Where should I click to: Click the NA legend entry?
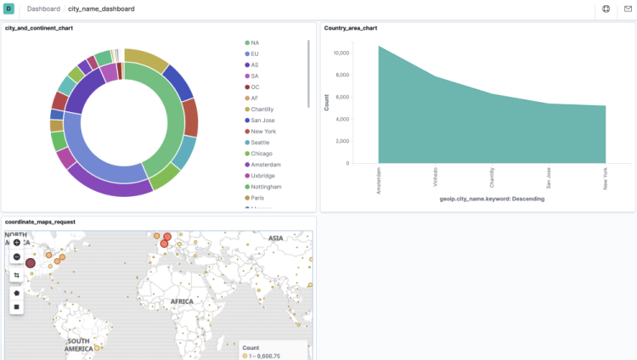(x=255, y=42)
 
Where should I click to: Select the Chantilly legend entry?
(x=261, y=109)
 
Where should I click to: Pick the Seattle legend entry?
(x=259, y=142)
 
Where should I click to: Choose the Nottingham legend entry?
(x=263, y=186)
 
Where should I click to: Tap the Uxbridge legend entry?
(x=261, y=175)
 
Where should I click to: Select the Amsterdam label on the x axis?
(x=378, y=180)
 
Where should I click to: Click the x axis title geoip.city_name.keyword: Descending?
(x=492, y=199)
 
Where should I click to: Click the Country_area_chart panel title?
(x=350, y=28)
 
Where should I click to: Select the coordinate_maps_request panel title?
(x=40, y=222)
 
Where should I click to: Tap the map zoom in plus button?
(x=17, y=243)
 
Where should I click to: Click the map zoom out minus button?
(x=17, y=256)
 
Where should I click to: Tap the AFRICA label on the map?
(x=182, y=301)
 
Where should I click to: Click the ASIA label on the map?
(x=276, y=239)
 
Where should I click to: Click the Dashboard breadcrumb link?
(x=43, y=8)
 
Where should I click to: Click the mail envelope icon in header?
(x=628, y=8)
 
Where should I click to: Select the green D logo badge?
(x=8, y=8)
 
